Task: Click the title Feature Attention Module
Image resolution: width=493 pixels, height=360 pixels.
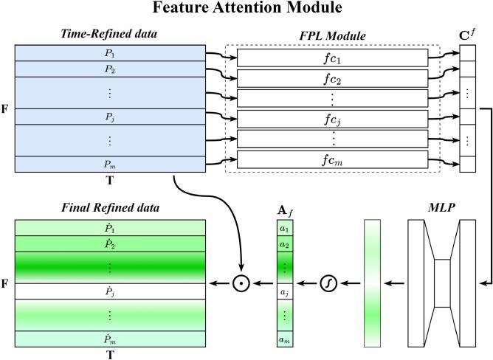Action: pyautogui.click(x=246, y=10)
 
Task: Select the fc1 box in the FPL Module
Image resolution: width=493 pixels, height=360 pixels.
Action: pyautogui.click(x=333, y=58)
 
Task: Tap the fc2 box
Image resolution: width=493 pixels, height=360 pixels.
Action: pyautogui.click(x=333, y=78)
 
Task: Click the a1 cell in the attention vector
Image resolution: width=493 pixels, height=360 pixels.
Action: pyautogui.click(x=284, y=229)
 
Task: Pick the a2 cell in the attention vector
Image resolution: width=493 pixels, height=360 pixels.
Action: pyautogui.click(x=284, y=244)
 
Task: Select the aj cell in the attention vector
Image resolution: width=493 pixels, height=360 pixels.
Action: pyautogui.click(x=284, y=293)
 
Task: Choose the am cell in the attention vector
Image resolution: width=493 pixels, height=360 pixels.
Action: pyautogui.click(x=284, y=340)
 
